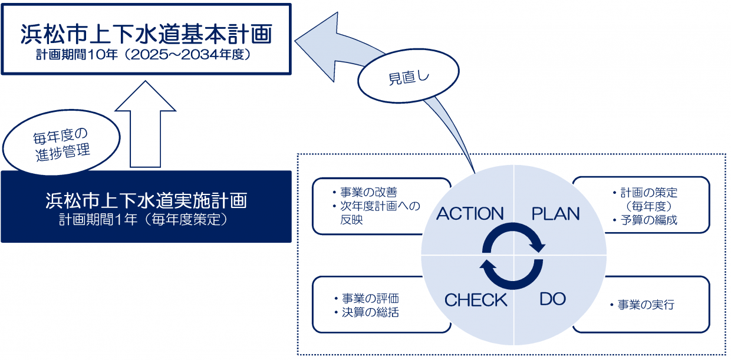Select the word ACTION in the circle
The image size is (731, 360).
tap(470, 213)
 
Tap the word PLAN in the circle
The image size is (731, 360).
tap(555, 213)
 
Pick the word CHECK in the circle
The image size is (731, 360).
tap(475, 300)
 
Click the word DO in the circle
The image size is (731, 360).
tap(552, 299)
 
